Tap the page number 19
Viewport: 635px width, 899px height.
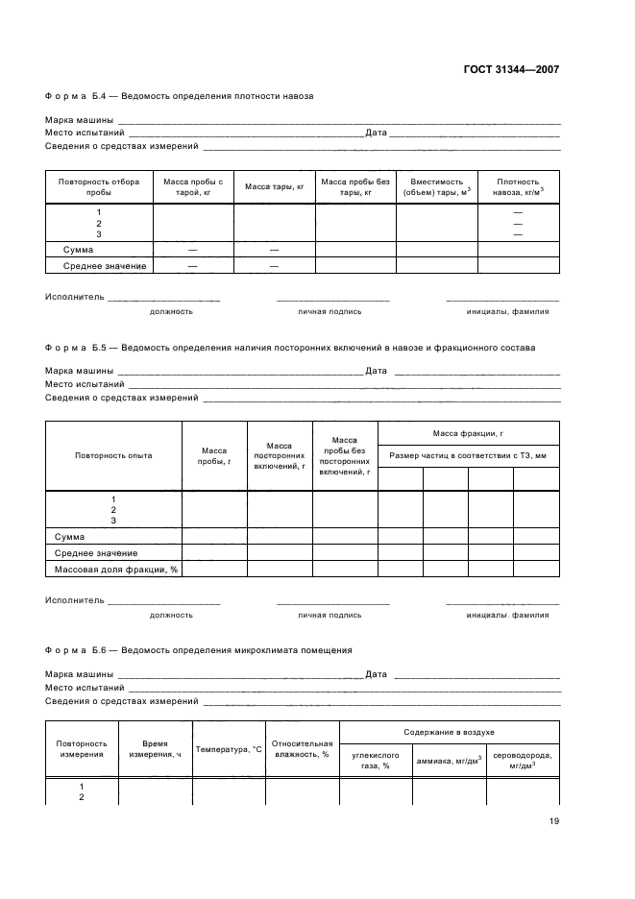554,821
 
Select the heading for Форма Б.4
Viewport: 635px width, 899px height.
179,96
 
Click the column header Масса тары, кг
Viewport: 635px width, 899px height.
274,186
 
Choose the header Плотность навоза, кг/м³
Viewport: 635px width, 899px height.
518,186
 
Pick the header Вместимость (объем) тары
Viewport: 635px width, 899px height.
436,186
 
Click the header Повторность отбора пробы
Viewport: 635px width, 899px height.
99,186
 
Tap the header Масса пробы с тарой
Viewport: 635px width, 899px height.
193,186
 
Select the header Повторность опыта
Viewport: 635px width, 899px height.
113,456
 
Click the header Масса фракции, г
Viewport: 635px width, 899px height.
469,434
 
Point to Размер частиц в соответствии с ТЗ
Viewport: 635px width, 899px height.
469,456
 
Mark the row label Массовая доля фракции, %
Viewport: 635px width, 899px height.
114,570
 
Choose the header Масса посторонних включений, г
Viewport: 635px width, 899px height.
279,456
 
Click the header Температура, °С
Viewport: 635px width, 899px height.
229,749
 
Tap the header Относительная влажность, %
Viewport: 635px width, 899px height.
302,749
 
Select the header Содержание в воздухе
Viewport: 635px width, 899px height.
449,732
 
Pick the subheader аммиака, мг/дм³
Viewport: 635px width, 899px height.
449,760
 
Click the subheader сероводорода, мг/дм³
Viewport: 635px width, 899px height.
523,760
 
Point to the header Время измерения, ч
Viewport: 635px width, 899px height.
155,749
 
